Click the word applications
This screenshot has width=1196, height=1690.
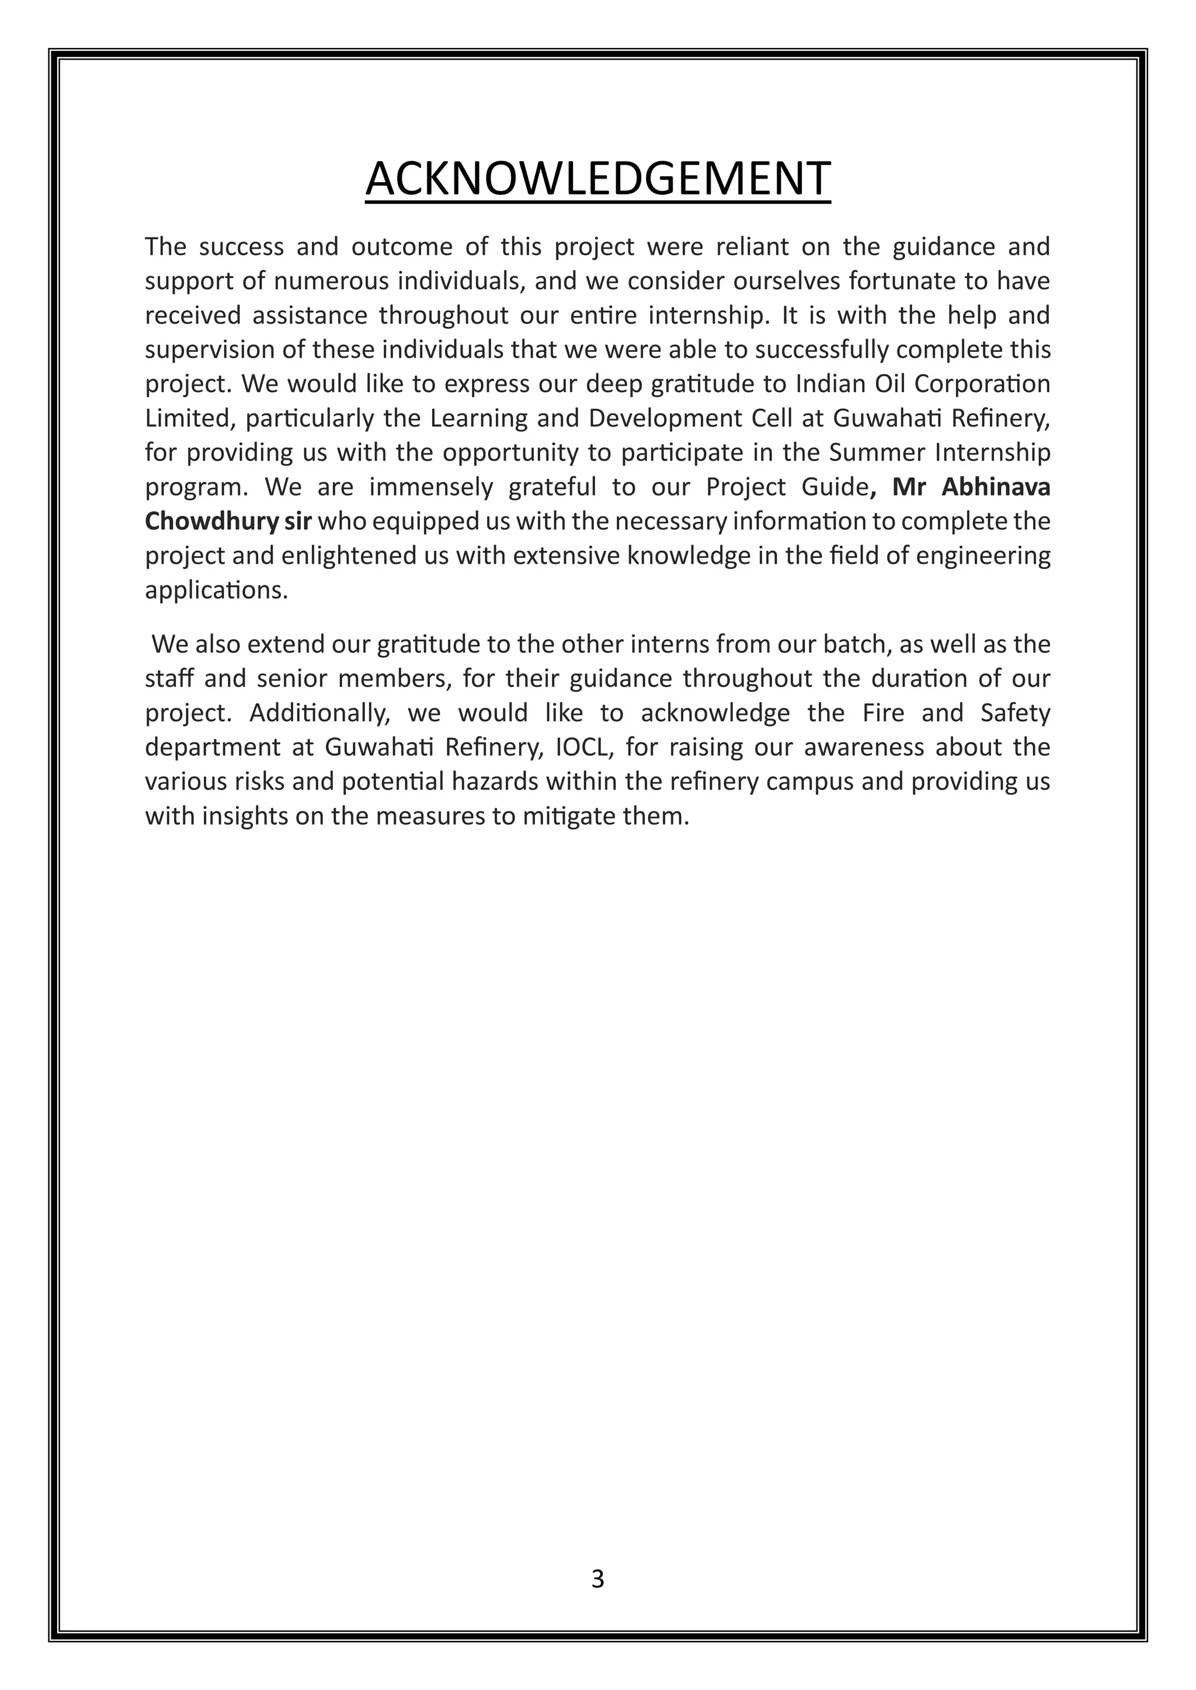(x=215, y=591)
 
